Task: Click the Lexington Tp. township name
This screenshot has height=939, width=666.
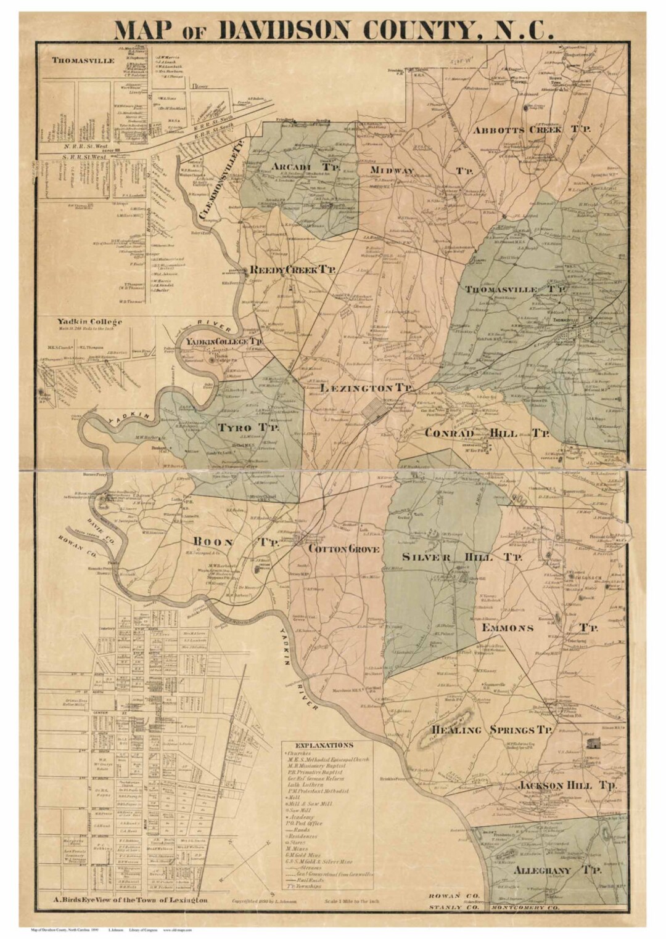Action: point(358,388)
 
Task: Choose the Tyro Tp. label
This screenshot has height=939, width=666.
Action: point(247,427)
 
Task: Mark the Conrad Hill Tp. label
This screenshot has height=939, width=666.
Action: point(487,433)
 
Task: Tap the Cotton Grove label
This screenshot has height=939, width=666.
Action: point(343,549)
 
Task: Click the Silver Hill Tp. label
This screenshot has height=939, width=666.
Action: point(462,557)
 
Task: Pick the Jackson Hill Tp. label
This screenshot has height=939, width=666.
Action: point(567,786)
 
